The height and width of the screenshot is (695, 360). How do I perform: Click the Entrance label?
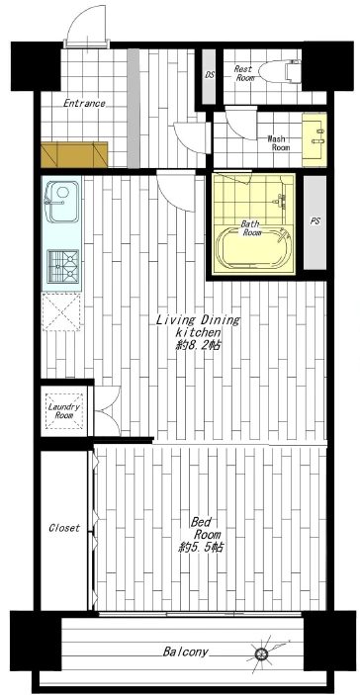84,104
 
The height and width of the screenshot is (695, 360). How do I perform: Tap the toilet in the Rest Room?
280,71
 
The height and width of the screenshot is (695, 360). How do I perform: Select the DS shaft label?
210,75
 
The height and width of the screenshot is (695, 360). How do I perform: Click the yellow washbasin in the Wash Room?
315,139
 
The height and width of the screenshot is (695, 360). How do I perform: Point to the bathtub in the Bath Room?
254,249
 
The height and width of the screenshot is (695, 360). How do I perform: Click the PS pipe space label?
315,221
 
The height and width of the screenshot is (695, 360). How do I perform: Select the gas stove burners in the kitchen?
63,265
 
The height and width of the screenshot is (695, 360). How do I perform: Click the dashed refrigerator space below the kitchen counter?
61,312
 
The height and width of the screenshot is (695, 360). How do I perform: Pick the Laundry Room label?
64,411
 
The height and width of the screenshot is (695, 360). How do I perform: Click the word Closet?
64,528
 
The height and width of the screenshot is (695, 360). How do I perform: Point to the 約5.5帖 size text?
201,548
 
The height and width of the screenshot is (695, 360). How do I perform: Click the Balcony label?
185,652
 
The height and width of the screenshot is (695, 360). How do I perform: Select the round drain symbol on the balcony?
261,652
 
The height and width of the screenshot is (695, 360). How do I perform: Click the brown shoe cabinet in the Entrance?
74,154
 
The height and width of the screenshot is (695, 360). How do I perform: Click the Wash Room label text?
278,143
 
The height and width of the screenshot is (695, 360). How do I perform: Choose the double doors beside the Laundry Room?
107,410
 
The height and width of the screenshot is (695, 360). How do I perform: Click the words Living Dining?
198,320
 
